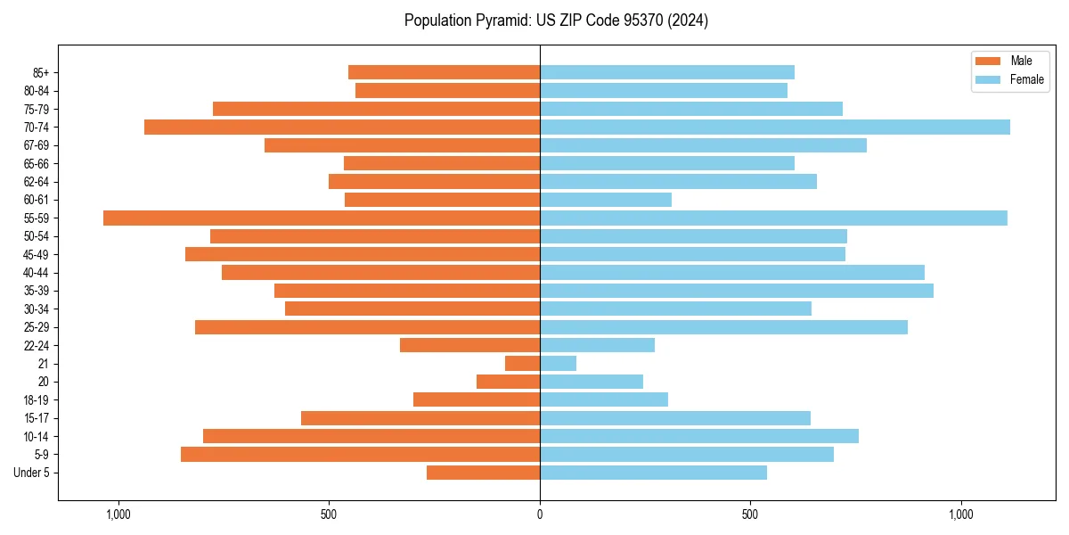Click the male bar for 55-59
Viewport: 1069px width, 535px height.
pos(321,218)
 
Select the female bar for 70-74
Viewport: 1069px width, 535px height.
pos(775,127)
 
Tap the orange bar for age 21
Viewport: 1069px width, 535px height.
pos(522,363)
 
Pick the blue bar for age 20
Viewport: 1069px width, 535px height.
pos(592,382)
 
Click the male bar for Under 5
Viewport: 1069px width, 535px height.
pos(483,473)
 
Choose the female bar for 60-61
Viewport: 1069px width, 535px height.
pos(606,200)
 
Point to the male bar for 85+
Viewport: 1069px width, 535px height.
pos(444,72)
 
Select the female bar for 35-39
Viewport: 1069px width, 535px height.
pos(736,291)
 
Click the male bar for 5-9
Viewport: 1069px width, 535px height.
pos(360,454)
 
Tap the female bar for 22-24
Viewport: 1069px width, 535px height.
pos(597,345)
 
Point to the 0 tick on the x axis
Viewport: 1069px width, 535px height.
pos(540,514)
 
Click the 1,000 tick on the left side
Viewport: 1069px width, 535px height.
pos(118,514)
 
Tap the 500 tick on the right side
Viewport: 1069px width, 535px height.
pos(750,514)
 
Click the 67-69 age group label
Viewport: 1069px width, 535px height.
pos(37,145)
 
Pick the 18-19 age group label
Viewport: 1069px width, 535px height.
pos(37,399)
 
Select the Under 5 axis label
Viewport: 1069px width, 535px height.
pos(31,473)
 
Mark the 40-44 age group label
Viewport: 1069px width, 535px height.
pos(37,273)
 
